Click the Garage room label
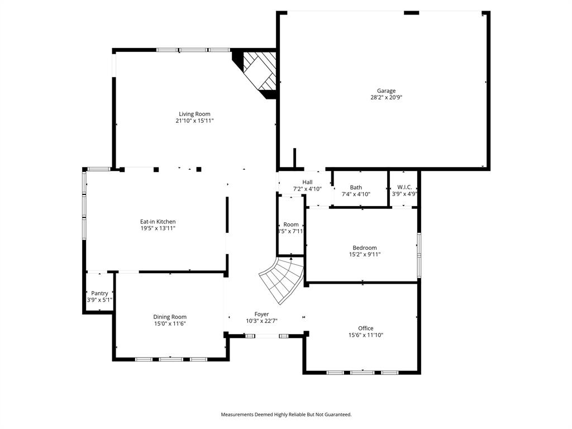(x=386, y=90)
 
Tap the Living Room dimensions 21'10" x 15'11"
(x=194, y=121)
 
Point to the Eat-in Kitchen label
(x=158, y=222)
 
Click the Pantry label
(x=99, y=293)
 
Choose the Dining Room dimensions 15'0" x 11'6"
(x=170, y=323)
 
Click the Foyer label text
(x=261, y=314)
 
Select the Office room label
(x=366, y=328)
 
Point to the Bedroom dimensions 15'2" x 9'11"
(x=364, y=255)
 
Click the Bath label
(x=356, y=188)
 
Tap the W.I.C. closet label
(x=404, y=187)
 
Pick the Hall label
(x=307, y=182)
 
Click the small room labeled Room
(x=291, y=225)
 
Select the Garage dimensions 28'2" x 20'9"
(x=386, y=97)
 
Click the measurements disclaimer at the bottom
(x=286, y=414)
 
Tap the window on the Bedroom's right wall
(x=418, y=248)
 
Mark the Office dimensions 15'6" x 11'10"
(x=366, y=335)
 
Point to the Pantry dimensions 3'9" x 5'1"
(x=99, y=300)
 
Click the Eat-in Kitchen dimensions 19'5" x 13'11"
(x=158, y=228)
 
